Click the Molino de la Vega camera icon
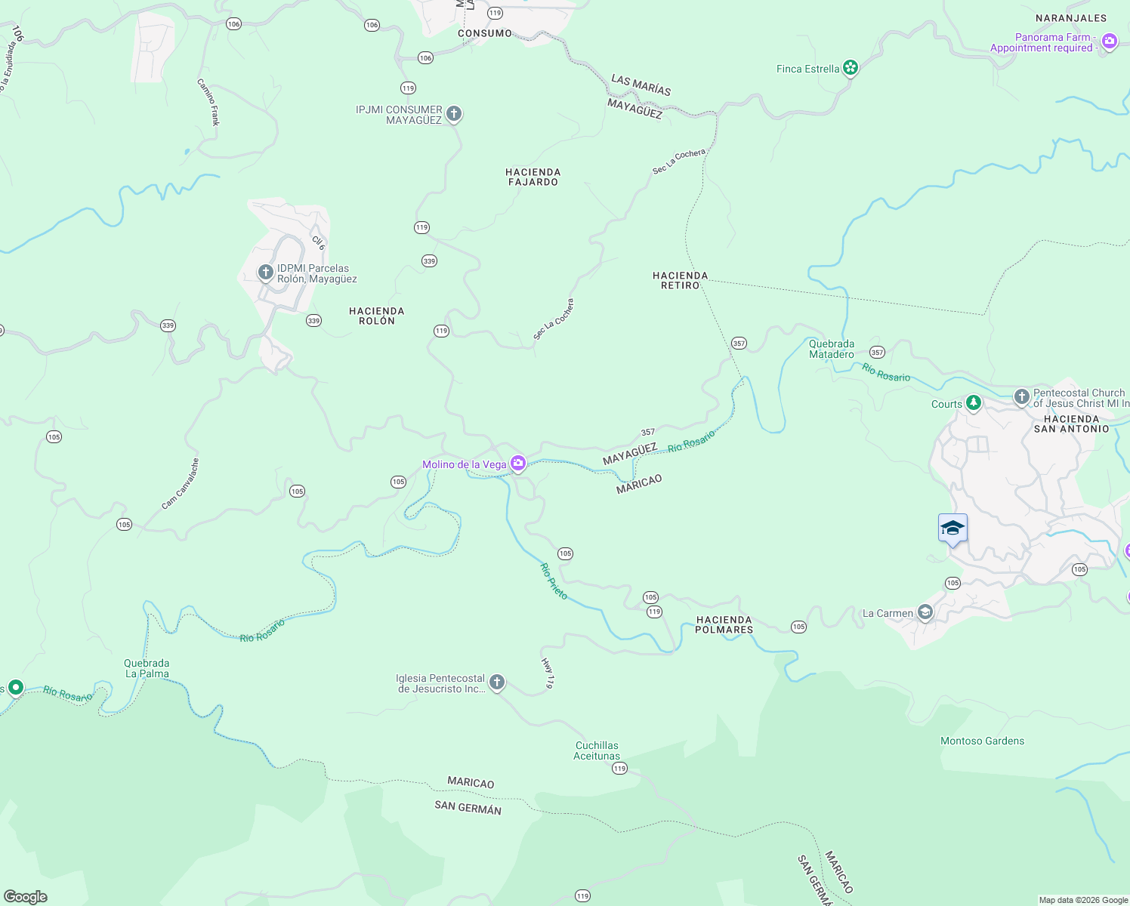[518, 463]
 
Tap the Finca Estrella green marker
[851, 68]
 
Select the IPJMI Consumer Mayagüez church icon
[453, 114]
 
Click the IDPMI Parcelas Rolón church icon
[265, 272]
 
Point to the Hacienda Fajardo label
[533, 177]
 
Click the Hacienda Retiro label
[680, 280]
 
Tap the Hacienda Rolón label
[376, 316]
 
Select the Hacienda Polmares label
[724, 624]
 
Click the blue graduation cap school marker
[952, 528]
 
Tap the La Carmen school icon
[925, 612]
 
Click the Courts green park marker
[974, 403]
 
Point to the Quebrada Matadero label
[831, 349]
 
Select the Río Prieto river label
[554, 581]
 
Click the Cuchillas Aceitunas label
[597, 750]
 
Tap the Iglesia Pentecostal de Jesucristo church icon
[496, 683]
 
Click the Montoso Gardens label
[982, 741]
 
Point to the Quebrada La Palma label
[147, 668]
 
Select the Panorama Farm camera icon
[1109, 42]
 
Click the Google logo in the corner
[26, 896]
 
